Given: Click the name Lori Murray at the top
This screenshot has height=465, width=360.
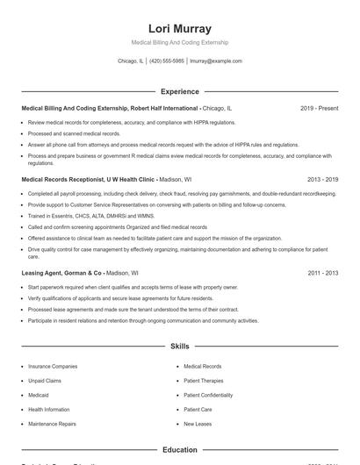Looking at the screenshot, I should coord(179,28).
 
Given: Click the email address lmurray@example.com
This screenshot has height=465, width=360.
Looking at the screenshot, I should coord(215,61).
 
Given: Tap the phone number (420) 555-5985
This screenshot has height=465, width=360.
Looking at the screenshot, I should coord(167,61).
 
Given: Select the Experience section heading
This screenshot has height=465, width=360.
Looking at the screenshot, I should coord(179,91).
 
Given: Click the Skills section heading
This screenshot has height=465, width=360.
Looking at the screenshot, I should coord(179,347).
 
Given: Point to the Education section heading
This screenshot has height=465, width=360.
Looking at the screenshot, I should coord(179,450).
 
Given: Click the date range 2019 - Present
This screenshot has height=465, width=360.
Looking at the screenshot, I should coord(319,108).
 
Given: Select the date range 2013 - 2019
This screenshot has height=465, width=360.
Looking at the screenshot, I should coord(322,179).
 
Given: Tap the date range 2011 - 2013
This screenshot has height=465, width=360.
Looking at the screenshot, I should coord(322,273).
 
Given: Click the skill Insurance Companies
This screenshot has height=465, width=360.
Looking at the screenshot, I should coord(53,366).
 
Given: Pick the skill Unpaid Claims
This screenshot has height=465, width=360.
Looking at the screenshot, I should coord(45,381).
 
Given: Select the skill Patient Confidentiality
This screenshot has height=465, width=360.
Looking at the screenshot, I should coord(208,395).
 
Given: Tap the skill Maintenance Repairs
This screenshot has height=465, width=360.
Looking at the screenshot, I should coord(52,424).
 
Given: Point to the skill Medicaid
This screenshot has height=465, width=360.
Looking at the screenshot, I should coord(40,395).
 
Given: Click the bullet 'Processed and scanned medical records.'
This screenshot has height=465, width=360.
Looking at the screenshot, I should coord(74,133).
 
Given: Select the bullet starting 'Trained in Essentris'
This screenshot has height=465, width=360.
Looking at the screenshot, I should coord(79,215).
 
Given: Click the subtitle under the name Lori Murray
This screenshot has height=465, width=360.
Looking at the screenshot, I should coord(179,42).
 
